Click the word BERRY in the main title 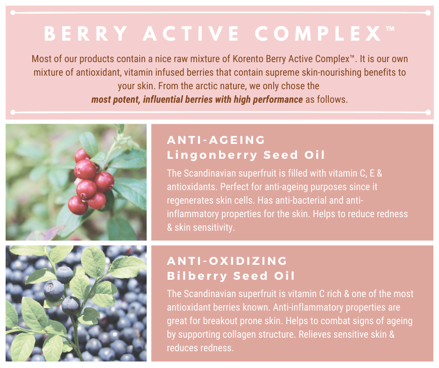pyautogui.click(x=86, y=34)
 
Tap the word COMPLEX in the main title pyautogui.click(x=318, y=34)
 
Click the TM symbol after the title pyautogui.click(x=390, y=28)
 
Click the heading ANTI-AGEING pyautogui.click(x=216, y=140)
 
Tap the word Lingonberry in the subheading pyautogui.click(x=212, y=155)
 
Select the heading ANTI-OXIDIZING pyautogui.click(x=227, y=261)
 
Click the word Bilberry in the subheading pyautogui.click(x=197, y=276)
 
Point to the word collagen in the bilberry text pyautogui.click(x=248, y=334)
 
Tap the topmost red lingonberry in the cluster pyautogui.click(x=82, y=156)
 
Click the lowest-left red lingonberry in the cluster pyautogui.click(x=78, y=205)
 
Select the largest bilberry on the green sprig pyautogui.click(x=54, y=290)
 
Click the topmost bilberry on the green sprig pyautogui.click(x=64, y=275)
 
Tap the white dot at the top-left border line pyautogui.click(x=13, y=13)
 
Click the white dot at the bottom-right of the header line pyautogui.click(x=428, y=112)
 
